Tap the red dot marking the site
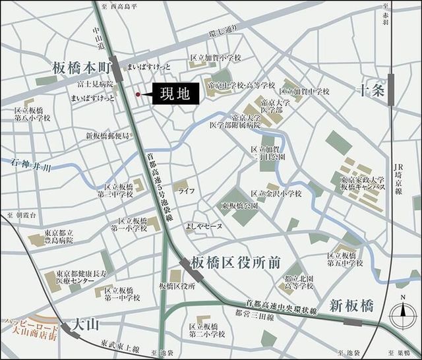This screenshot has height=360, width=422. click(x=138, y=95)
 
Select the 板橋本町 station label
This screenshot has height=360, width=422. click(x=80, y=67)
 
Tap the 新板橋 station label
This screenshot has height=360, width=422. click(x=351, y=305)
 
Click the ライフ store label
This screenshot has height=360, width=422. click(x=185, y=191)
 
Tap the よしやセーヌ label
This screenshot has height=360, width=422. click(x=204, y=226)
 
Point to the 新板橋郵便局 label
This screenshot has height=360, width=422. click(x=108, y=136)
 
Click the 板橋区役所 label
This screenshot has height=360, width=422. click(x=177, y=286)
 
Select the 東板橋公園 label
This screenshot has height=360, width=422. click(x=239, y=206)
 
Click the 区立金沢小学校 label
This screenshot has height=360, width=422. click(x=277, y=194)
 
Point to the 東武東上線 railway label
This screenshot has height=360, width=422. click(x=121, y=345)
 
